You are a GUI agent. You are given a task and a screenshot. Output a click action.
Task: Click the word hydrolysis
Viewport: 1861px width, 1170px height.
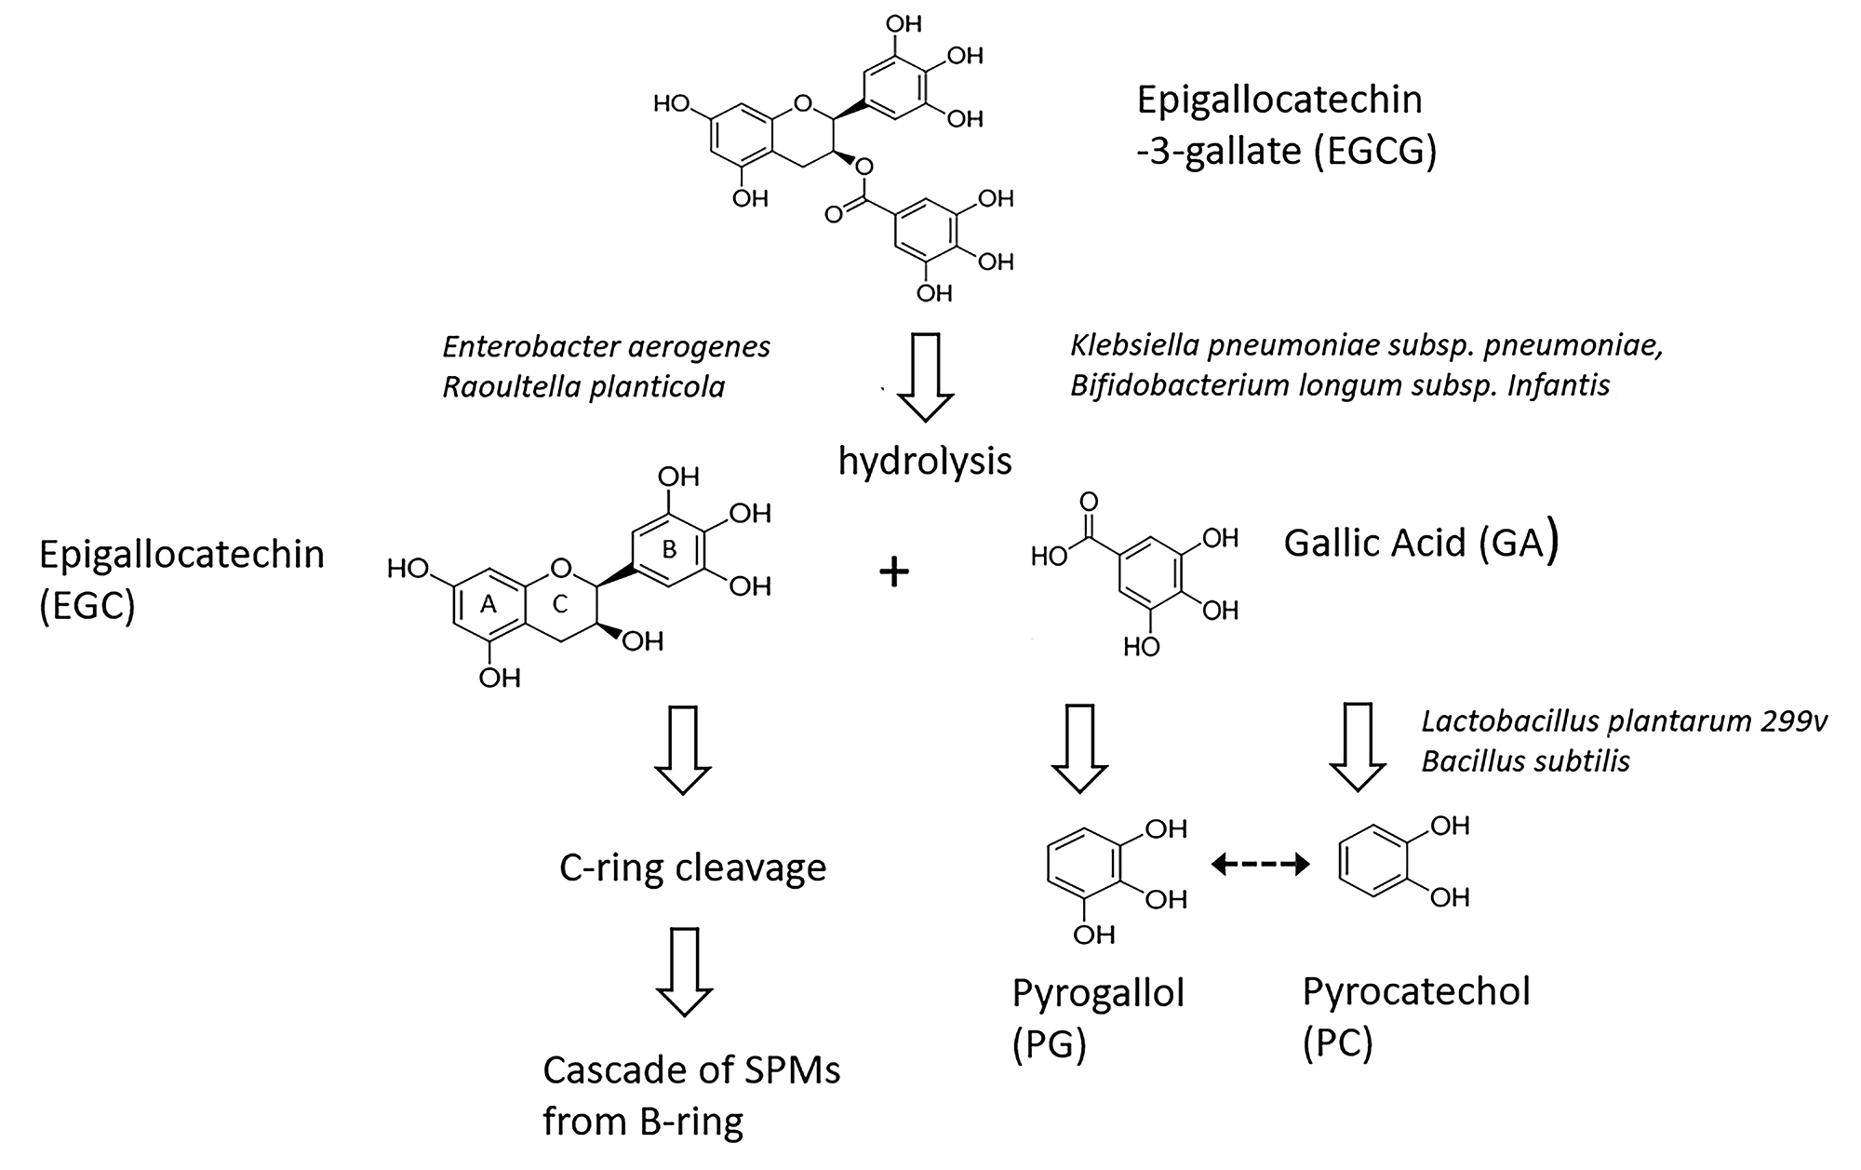point(925,461)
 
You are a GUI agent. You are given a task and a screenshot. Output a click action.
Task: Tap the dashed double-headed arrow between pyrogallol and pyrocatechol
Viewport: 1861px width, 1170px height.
point(1260,866)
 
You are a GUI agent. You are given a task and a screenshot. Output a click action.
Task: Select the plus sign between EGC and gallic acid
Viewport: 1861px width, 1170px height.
point(893,572)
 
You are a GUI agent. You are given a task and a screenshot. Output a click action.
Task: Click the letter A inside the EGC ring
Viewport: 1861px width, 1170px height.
point(487,606)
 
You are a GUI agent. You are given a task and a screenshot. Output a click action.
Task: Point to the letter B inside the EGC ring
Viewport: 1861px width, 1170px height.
point(669,550)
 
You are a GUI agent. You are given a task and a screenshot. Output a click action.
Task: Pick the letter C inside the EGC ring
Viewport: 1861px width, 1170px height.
point(559,606)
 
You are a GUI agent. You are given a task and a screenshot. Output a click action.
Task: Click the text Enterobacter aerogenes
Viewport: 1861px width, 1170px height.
point(606,347)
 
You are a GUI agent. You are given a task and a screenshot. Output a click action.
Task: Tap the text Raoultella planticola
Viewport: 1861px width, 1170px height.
point(583,386)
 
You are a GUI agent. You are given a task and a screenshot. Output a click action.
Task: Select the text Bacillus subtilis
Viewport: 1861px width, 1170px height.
point(1525,761)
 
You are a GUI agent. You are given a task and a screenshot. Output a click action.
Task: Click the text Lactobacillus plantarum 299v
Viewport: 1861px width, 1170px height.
point(1625,721)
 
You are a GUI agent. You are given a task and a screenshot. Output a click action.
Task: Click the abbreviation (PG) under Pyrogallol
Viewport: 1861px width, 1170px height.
point(1049,1045)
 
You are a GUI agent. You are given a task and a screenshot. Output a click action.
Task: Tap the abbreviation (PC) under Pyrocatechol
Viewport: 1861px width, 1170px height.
point(1337,1044)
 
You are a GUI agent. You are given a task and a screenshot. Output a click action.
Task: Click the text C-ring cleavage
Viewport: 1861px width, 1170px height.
point(692,867)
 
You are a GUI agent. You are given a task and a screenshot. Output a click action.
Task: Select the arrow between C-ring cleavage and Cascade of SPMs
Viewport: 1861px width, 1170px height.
point(685,970)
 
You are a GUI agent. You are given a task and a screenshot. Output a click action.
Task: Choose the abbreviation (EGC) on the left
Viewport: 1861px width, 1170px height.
point(87,606)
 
